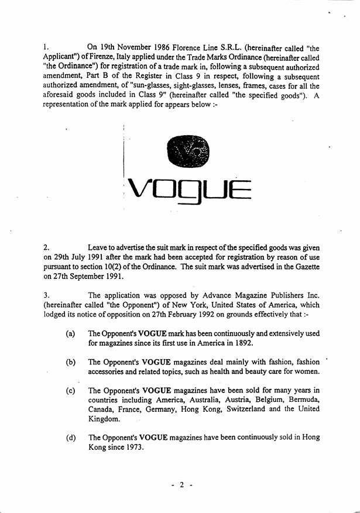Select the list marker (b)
click(x=70, y=363)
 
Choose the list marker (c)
click(x=70, y=391)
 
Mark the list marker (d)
click(x=70, y=438)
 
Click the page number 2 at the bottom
click(x=182, y=485)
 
